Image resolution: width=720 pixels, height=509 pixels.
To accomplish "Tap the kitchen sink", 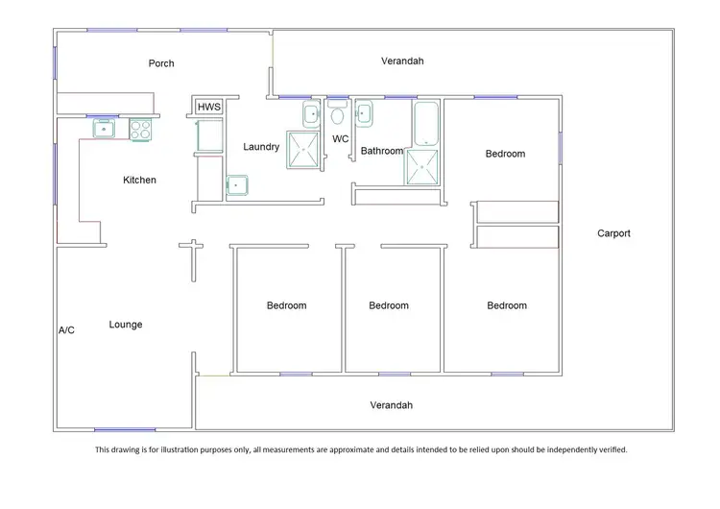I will [104, 129].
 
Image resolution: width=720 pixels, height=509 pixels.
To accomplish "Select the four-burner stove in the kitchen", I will [141, 129].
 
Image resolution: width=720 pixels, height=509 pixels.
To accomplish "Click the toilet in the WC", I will [337, 115].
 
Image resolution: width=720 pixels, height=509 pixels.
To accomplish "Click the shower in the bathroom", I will [420, 167].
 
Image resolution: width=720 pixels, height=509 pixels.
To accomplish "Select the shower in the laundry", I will [305, 151].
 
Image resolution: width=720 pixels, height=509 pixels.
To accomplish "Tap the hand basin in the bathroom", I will [365, 114].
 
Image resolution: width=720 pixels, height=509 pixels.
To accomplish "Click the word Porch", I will [161, 64].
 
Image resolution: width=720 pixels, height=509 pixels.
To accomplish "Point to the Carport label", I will [613, 233].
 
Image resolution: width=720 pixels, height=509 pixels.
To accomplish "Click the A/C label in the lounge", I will [66, 330].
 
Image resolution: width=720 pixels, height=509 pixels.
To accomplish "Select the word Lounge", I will [126, 325].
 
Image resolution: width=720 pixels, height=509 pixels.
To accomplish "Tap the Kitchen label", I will [139, 180].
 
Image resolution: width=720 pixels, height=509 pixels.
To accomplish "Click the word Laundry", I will [261, 147].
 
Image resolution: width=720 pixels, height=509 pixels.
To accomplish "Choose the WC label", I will [340, 139].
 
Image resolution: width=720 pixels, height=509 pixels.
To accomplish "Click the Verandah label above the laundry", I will [402, 61].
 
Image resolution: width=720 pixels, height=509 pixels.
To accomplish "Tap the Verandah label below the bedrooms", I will [391, 405].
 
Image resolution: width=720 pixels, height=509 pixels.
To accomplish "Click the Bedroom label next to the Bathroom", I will [505, 154].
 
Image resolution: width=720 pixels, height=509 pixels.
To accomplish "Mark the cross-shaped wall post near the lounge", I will [192, 249].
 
